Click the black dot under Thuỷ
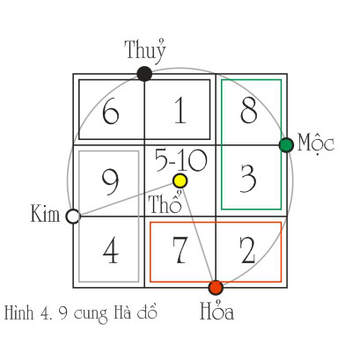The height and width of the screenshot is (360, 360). (144, 74)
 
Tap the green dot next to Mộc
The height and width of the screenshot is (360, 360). (286, 145)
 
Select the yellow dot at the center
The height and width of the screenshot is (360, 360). (180, 180)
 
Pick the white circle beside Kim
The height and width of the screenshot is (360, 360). (73, 217)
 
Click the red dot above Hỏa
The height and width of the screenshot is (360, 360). (216, 288)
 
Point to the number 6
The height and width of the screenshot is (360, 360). (111, 112)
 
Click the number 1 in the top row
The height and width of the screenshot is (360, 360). (180, 112)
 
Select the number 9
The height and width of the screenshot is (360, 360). (110, 183)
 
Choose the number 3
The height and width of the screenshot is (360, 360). (248, 179)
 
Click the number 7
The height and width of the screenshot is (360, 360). (180, 250)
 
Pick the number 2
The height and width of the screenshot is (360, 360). (248, 250)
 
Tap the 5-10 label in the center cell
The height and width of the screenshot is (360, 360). (181, 160)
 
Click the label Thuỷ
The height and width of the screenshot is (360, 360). (145, 51)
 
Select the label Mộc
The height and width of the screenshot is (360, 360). (316, 143)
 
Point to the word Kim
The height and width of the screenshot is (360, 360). (45, 213)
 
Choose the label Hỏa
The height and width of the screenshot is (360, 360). (217, 310)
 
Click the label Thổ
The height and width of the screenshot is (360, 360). (165, 202)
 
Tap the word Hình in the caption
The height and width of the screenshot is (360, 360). (18, 312)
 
